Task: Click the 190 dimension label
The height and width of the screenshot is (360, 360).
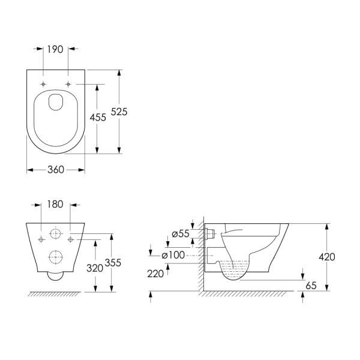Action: (x=55, y=49)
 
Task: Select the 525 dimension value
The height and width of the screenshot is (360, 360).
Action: (x=119, y=112)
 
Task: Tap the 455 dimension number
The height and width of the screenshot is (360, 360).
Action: (x=98, y=118)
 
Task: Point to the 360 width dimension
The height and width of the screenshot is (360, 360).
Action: (x=56, y=170)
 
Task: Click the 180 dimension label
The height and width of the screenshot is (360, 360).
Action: (x=55, y=204)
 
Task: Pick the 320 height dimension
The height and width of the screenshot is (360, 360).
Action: (x=95, y=268)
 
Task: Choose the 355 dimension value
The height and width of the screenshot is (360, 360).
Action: (x=113, y=263)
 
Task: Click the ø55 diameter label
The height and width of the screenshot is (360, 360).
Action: (x=181, y=234)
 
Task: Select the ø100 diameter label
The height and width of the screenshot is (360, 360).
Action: (x=173, y=255)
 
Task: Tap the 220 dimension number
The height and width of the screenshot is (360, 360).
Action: (x=155, y=274)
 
